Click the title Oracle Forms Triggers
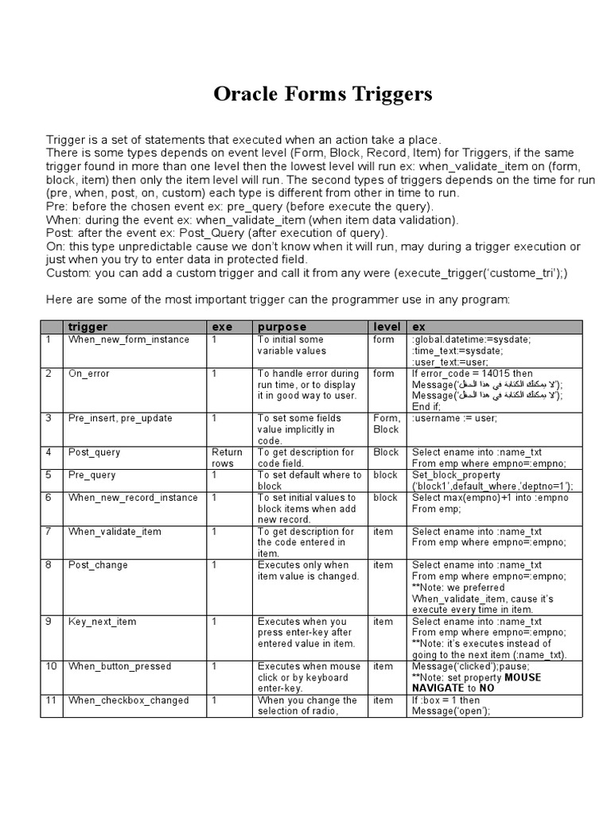[322, 95]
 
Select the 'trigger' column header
[88, 328]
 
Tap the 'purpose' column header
[280, 328]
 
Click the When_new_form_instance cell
[129, 339]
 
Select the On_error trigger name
[89, 374]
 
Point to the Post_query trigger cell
[95, 452]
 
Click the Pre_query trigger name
[92, 475]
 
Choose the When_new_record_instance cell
[133, 498]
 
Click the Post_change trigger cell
[98, 565]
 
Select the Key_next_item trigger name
[103, 622]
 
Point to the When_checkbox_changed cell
[128, 700]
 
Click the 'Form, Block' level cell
[386, 424]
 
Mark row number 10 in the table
[52, 666]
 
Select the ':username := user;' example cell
[454, 418]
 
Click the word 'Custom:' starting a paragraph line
[68, 273]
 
